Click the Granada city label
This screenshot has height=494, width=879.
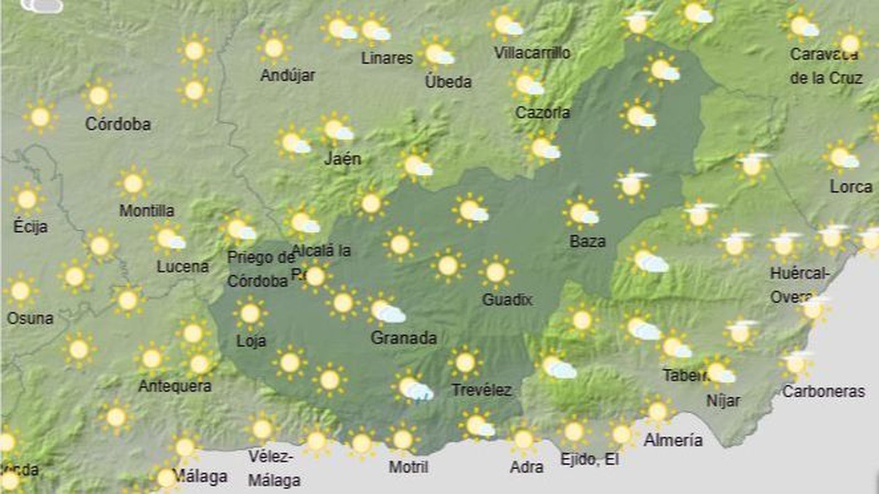point(404,337)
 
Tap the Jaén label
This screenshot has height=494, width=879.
point(343,159)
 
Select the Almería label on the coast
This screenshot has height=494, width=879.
point(673,440)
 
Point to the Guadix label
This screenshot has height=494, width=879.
point(507,299)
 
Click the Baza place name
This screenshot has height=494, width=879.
point(587,241)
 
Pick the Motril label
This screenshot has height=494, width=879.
point(408,467)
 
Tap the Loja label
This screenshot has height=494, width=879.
point(251,341)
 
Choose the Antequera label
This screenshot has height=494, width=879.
point(175,386)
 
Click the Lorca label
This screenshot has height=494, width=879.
point(851,187)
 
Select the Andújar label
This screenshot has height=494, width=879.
point(287,75)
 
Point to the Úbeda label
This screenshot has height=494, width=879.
point(448,82)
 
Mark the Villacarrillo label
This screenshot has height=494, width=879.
point(532,53)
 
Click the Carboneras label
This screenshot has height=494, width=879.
point(824,391)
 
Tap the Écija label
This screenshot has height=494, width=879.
point(30,226)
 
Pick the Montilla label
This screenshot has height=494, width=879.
point(147,210)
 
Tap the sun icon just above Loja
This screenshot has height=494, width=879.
point(250,314)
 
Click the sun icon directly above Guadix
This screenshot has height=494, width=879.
point(496,272)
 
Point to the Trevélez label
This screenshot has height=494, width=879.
point(481,390)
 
